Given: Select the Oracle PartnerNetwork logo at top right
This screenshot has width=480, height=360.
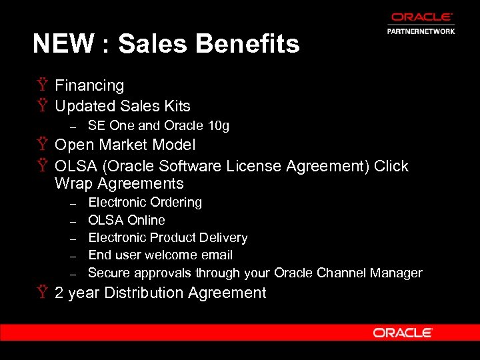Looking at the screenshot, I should coord(421,23).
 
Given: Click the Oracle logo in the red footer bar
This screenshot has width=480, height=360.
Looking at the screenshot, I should coord(403,333).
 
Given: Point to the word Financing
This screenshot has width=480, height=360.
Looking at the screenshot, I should coord(89,85).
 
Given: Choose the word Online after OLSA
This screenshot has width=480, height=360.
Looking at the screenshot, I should coord(146,220).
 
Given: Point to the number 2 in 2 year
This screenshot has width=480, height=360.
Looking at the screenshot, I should coord(59,293).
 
